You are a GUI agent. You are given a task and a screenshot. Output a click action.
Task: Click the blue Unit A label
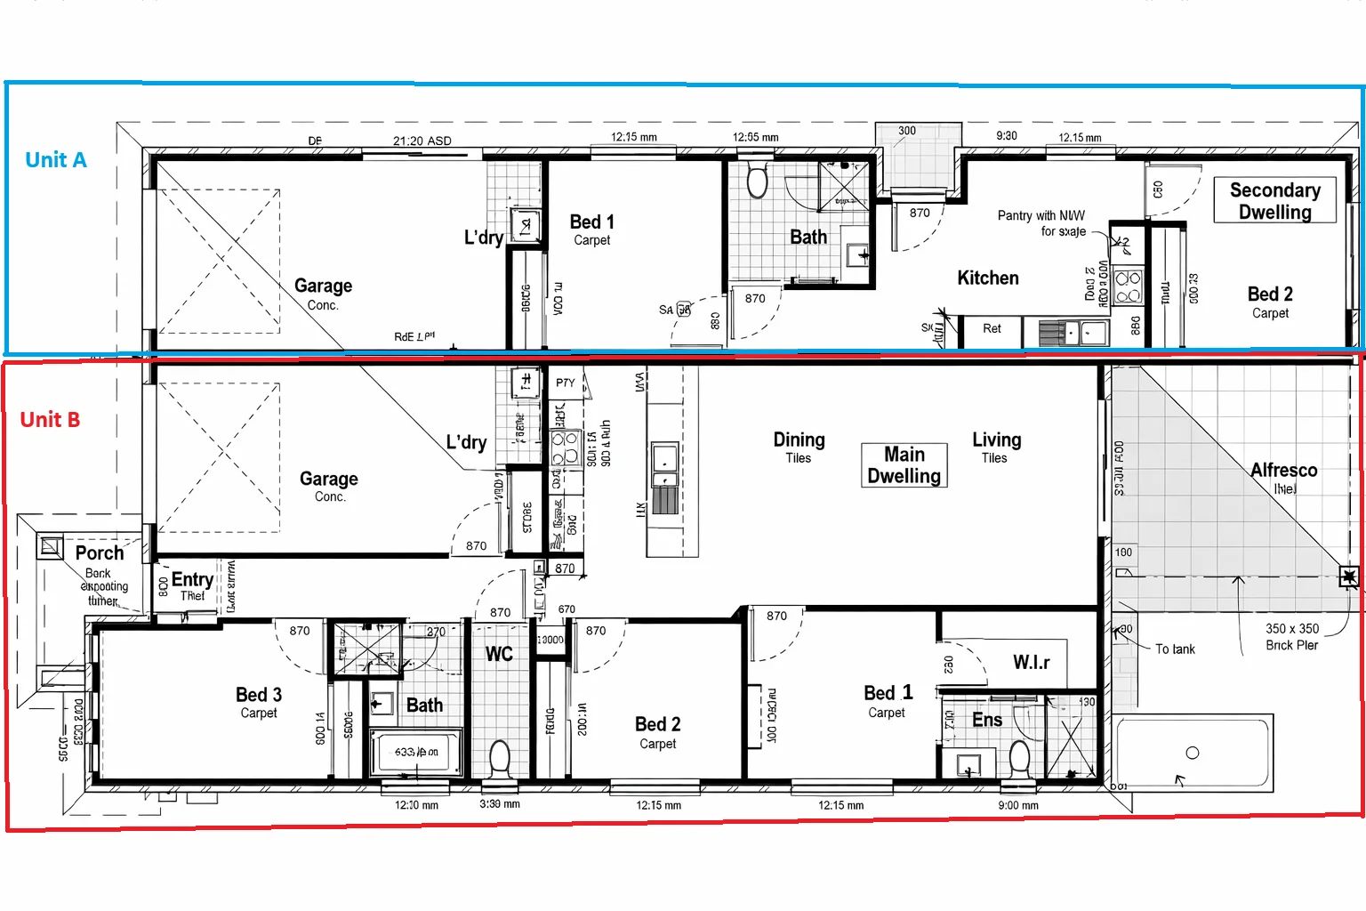(x=55, y=160)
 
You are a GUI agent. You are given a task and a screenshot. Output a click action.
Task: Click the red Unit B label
(x=50, y=420)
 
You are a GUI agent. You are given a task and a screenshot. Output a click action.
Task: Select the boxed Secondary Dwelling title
(x=1274, y=201)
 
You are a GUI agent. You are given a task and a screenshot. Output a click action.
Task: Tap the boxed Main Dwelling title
(x=904, y=465)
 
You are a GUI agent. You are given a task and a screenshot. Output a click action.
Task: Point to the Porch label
(x=100, y=552)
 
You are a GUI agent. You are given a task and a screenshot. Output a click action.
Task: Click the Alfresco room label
(x=1283, y=471)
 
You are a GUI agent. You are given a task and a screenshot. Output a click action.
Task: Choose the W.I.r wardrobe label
(x=1031, y=663)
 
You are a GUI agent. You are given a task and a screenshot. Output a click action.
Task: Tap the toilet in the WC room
(x=499, y=759)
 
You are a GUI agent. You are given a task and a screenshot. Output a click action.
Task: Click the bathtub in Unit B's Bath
(x=415, y=753)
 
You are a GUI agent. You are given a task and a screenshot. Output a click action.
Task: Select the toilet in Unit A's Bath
(x=757, y=181)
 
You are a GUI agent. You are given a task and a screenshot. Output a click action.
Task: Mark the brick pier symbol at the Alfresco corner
(x=1349, y=577)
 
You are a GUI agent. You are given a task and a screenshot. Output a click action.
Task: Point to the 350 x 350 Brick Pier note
(x=1292, y=636)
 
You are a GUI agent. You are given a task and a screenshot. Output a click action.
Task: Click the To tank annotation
(x=1175, y=649)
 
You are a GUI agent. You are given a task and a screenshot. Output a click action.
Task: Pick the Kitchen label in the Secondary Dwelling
(x=987, y=278)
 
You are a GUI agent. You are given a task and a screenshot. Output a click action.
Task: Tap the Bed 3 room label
(x=259, y=695)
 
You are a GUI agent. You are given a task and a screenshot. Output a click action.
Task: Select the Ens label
(x=987, y=720)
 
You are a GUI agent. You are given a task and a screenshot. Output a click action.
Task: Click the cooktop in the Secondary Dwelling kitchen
(x=1128, y=287)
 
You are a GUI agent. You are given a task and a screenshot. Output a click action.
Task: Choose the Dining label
(x=799, y=440)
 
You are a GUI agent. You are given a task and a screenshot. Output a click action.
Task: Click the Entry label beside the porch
(x=191, y=580)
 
